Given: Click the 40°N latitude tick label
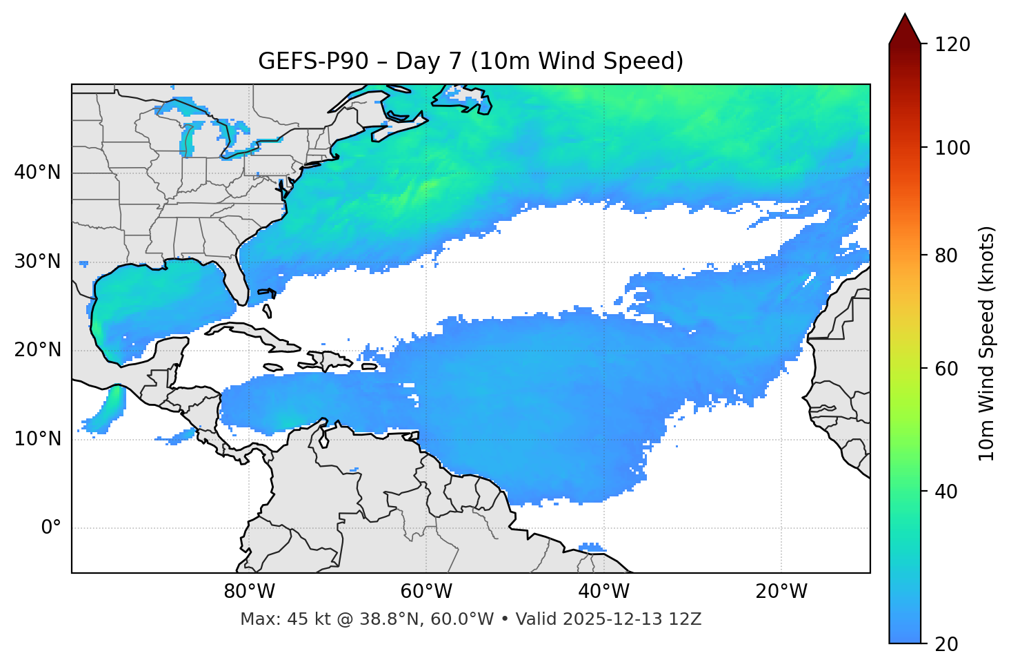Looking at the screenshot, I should [x=37, y=173].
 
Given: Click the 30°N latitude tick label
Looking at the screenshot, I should [x=37, y=262].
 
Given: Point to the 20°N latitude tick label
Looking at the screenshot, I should [x=37, y=350].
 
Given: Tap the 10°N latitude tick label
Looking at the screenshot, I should [x=37, y=439].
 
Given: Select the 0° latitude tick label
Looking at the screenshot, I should [x=50, y=528].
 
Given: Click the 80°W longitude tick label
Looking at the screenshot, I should [x=249, y=592].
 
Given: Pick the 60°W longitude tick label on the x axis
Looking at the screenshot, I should [x=426, y=592].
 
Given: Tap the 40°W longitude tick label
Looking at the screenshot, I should [x=603, y=592].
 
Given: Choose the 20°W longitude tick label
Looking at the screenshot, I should [x=781, y=592].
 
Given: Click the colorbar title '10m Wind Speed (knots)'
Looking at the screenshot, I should [x=987, y=343].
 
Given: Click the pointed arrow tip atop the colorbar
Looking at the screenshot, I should [x=905, y=15].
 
